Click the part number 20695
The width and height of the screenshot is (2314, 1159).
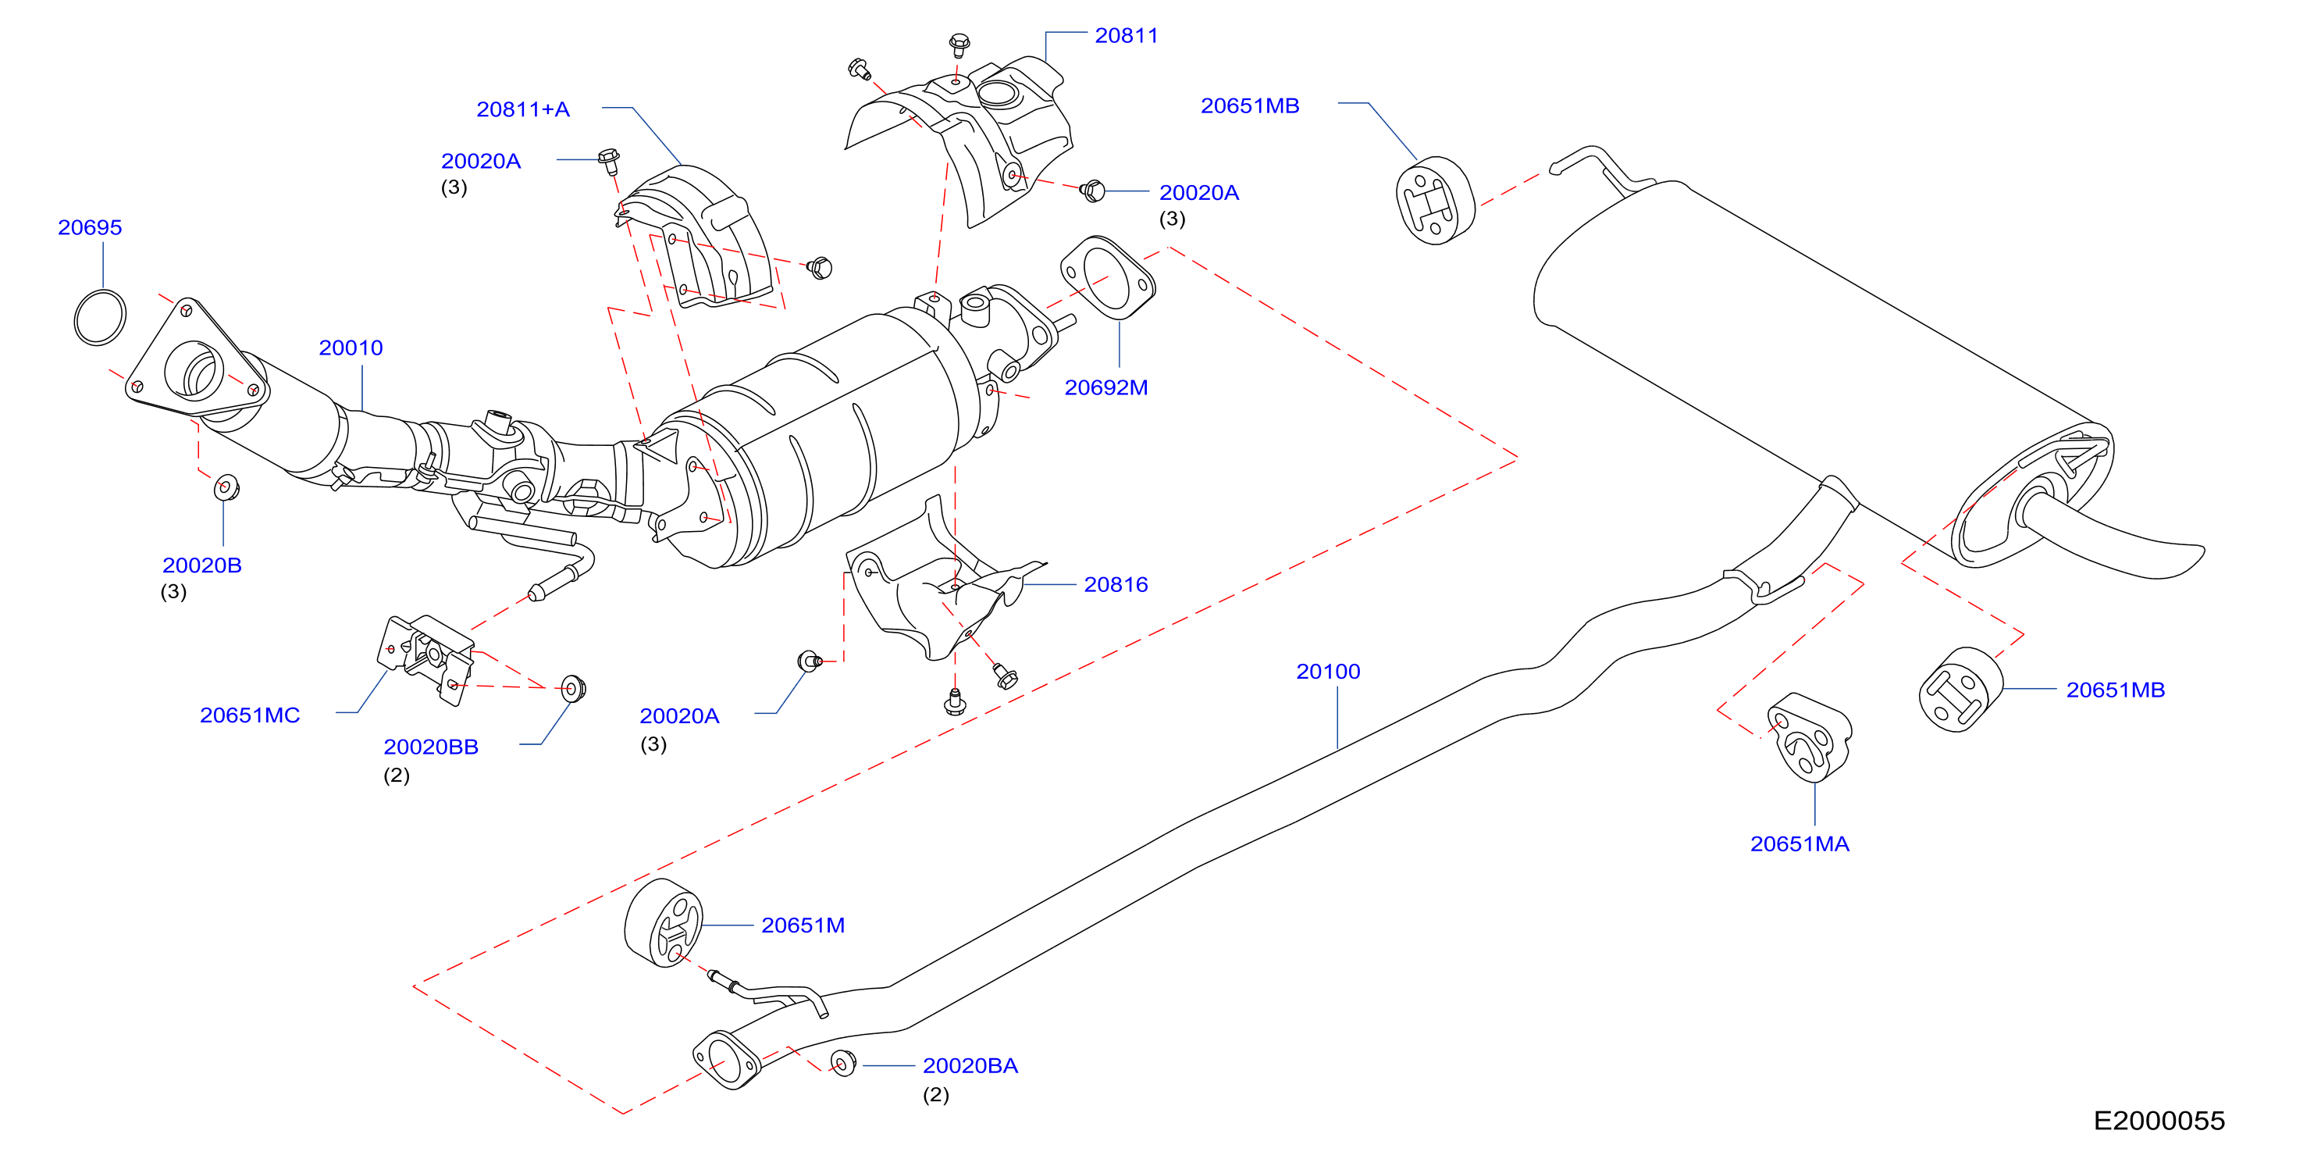pos(90,227)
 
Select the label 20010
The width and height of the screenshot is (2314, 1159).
pos(351,348)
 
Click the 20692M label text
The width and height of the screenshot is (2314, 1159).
pos(1105,387)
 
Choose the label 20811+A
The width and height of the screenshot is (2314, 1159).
pos(523,109)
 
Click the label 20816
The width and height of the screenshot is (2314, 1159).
pos(1116,585)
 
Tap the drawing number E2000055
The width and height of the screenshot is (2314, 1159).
pos(2159,1121)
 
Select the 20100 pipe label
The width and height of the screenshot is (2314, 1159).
pos(1328,671)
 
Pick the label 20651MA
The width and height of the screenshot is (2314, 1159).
pos(1800,843)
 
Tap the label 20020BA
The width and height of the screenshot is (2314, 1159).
pos(970,1065)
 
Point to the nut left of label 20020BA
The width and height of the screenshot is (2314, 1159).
pos(843,1063)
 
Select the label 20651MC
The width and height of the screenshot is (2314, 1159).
pos(250,715)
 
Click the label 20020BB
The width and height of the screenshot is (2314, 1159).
pos(430,747)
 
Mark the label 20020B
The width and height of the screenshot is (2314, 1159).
pos(201,565)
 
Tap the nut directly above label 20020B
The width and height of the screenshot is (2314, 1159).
pos(226,487)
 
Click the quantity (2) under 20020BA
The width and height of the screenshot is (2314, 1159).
pos(935,1094)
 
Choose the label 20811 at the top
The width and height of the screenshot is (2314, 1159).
pos(1127,35)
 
